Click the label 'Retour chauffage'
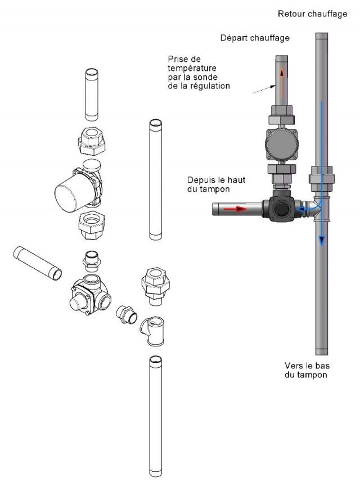(x=312, y=13)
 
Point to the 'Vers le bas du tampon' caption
(x=306, y=369)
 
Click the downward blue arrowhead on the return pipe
(x=322, y=240)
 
